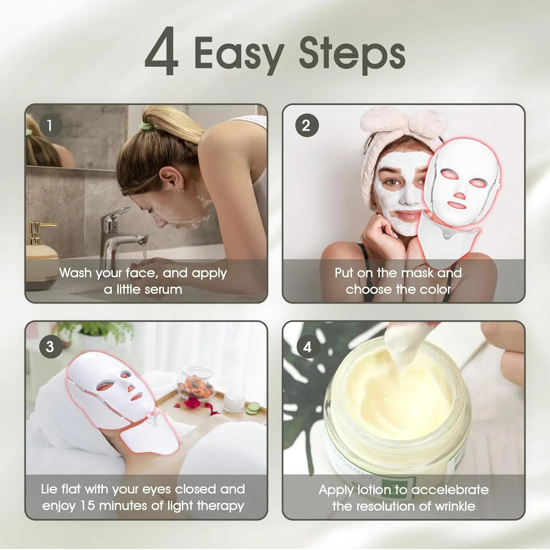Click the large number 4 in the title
point(162,52)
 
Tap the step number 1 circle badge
point(50,125)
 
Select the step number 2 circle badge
point(307,125)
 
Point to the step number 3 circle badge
point(50,346)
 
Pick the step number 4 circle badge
point(307,346)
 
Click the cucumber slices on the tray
point(253,408)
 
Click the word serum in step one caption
point(163,290)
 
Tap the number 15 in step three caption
point(87,506)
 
